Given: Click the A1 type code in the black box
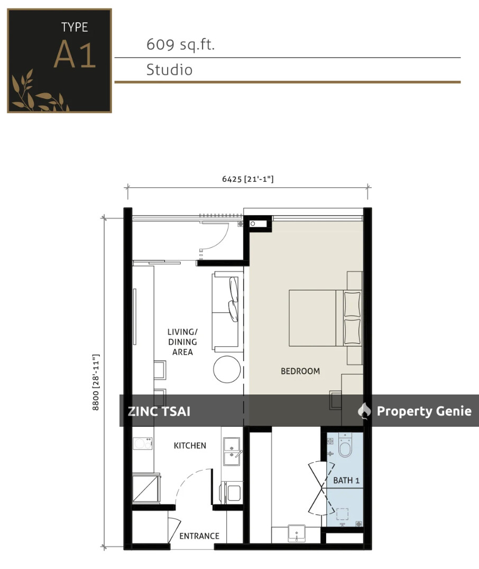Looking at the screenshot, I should click(x=75, y=54).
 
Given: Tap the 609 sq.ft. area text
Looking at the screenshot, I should click(x=180, y=45).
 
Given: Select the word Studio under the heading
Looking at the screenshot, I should click(x=169, y=70).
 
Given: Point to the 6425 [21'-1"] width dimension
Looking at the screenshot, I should click(x=247, y=179).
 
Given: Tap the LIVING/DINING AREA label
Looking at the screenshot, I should click(x=181, y=342).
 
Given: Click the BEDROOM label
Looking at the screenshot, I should click(x=300, y=371).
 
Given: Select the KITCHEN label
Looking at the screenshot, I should click(x=190, y=446).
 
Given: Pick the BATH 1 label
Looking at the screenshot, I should click(x=346, y=481).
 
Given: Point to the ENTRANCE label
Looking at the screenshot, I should click(x=199, y=536).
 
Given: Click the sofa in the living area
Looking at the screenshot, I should click(x=226, y=311).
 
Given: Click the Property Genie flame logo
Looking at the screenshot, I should click(x=364, y=411).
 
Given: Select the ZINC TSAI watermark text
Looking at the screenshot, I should click(x=159, y=411).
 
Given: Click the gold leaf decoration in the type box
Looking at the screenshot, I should click(x=37, y=93).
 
